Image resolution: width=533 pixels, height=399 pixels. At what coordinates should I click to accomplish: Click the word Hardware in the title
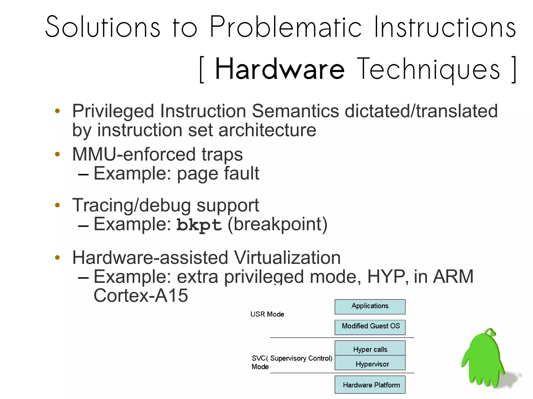(x=280, y=69)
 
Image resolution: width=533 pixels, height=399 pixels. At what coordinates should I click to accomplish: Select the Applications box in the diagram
(x=370, y=306)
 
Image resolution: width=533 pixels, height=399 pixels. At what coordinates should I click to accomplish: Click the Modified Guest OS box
(x=370, y=327)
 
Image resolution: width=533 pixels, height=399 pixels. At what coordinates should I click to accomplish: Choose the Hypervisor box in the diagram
(x=370, y=363)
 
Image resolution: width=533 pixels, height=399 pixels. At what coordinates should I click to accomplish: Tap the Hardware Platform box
(x=370, y=385)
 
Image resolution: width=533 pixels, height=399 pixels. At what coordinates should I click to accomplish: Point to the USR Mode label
(x=267, y=314)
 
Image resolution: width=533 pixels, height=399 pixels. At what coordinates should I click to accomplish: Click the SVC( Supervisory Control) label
(x=292, y=358)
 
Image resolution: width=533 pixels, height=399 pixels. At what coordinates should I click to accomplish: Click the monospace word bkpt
(x=199, y=225)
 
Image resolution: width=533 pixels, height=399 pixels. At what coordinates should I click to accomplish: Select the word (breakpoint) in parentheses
(x=277, y=224)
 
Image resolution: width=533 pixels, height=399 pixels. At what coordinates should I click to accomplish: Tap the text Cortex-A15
(x=141, y=296)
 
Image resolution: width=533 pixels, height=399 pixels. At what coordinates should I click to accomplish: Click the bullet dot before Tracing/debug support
(x=58, y=205)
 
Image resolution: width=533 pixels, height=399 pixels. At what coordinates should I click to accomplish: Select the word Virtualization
(x=287, y=258)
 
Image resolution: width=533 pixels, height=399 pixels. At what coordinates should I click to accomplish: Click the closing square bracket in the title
(x=514, y=70)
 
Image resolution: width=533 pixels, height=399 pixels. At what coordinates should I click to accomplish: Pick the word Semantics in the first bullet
(x=295, y=111)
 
